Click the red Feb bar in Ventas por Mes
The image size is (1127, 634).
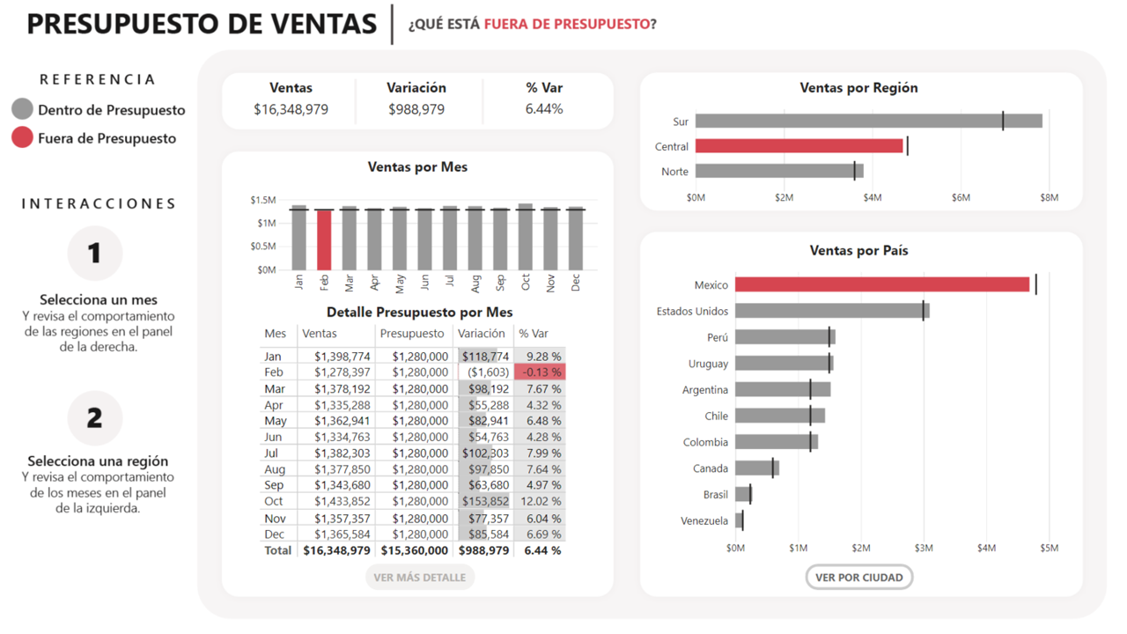(x=324, y=240)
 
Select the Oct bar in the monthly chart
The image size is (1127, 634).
(x=526, y=238)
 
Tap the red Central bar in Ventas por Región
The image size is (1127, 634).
(x=799, y=146)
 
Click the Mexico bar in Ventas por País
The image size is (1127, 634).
(x=881, y=284)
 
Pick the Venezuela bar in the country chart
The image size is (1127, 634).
(x=739, y=521)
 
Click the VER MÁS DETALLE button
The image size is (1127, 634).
(x=419, y=578)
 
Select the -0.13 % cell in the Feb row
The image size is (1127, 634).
(x=539, y=372)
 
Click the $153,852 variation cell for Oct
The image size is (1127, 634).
(x=485, y=501)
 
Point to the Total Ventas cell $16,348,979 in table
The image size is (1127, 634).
(x=336, y=550)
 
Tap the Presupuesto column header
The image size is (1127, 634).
(x=412, y=334)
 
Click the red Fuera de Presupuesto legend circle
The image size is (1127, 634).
(x=22, y=137)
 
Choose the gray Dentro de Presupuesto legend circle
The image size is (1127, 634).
(x=22, y=110)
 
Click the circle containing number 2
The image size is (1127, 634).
(x=94, y=418)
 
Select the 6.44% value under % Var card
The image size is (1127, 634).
(x=543, y=109)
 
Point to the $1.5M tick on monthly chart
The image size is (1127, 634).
(x=263, y=201)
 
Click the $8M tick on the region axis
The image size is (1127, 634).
(x=1049, y=197)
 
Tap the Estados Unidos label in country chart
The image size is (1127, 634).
(x=692, y=311)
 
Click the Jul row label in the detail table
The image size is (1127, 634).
(x=272, y=453)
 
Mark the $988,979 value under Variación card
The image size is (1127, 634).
(x=416, y=109)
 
